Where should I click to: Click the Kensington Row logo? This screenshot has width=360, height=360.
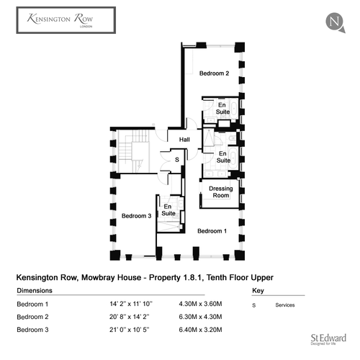tap(66, 20)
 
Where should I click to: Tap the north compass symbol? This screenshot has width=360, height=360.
tap(336, 22)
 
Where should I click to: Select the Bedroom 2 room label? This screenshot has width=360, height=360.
tap(214, 73)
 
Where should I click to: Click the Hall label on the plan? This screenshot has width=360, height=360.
tap(184, 140)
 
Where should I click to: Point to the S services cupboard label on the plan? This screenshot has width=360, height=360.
tap(177, 160)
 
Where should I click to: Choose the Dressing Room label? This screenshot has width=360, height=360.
tap(221, 192)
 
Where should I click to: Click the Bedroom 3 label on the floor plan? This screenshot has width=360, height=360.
tap(136, 216)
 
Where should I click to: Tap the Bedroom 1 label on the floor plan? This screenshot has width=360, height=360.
tap(212, 231)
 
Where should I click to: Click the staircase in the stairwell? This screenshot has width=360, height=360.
tap(133, 151)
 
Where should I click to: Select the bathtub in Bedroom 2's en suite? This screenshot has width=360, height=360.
tap(234, 109)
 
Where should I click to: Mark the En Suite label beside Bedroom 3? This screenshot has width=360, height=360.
tap(168, 210)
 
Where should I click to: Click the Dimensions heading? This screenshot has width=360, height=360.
tap(35, 290)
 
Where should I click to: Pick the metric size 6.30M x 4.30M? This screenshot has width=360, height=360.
tap(200, 317)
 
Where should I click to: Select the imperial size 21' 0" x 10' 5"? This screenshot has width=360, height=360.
tap(130, 330)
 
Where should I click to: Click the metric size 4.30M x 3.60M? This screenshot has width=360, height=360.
tap(200, 304)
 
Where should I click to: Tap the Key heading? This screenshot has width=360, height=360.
tap(258, 291)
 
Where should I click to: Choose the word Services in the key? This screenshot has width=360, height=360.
tap(285, 305)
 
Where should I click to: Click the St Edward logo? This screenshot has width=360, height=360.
tap(328, 339)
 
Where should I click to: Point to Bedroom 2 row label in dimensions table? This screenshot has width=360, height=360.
tap(32, 317)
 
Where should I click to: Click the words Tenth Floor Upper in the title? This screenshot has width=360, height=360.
tap(240, 277)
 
